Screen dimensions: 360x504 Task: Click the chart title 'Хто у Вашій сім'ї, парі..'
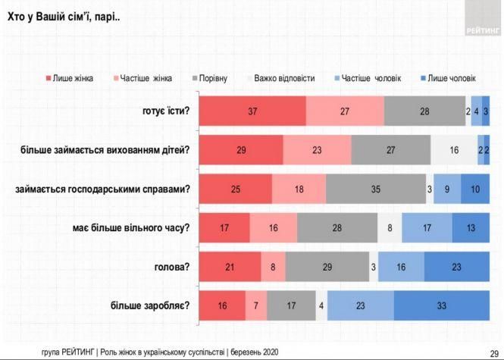(64, 16)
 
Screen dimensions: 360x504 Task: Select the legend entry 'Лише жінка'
(72, 77)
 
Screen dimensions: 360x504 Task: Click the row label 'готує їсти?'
(165, 111)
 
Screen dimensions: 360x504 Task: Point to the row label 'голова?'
(173, 267)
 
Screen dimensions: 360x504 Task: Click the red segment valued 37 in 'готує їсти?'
(252, 111)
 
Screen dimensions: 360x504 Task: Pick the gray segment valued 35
(376, 189)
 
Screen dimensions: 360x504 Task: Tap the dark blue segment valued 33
(442, 306)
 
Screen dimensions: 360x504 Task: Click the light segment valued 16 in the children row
(454, 150)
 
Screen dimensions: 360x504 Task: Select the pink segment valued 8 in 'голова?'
(274, 267)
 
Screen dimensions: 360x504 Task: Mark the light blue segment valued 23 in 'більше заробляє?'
(361, 306)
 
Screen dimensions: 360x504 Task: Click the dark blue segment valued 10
(475, 189)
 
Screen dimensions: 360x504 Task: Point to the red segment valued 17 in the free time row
(224, 227)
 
